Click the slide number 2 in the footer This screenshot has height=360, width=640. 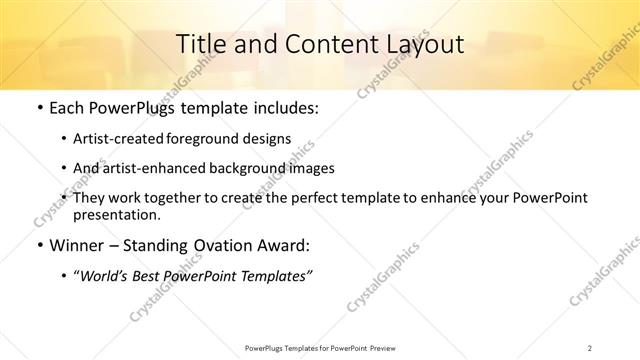(x=590, y=347)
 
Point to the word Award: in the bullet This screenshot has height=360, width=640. (x=284, y=245)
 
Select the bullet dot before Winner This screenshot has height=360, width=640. (x=38, y=245)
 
